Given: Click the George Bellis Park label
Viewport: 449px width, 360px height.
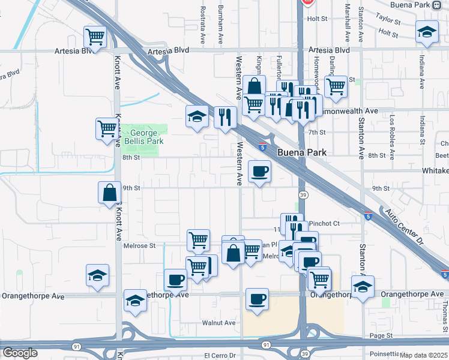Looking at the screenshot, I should (x=143, y=137).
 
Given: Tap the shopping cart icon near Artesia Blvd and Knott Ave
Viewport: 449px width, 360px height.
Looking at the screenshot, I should (x=95, y=37).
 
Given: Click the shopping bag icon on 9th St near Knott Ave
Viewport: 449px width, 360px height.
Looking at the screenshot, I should (x=110, y=193).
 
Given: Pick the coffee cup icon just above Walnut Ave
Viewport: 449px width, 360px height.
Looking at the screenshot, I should (x=257, y=299).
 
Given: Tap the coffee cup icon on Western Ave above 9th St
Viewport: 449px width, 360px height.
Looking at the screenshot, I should (x=259, y=172).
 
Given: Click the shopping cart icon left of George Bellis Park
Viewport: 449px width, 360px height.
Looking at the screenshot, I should (x=107, y=128).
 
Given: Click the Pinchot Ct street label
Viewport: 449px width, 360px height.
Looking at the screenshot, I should (x=324, y=223).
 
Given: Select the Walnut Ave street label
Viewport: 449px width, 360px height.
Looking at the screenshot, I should (x=218, y=322).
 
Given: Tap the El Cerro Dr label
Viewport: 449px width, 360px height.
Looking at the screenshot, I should (x=222, y=355).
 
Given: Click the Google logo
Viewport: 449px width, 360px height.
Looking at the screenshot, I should (x=19, y=353).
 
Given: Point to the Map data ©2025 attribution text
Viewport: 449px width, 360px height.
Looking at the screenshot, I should (x=423, y=355).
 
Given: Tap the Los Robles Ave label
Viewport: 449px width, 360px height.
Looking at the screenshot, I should (x=392, y=137).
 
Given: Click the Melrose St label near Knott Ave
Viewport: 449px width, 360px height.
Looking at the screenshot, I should (x=139, y=245).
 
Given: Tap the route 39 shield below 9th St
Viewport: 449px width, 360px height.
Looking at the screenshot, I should (x=304, y=195).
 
